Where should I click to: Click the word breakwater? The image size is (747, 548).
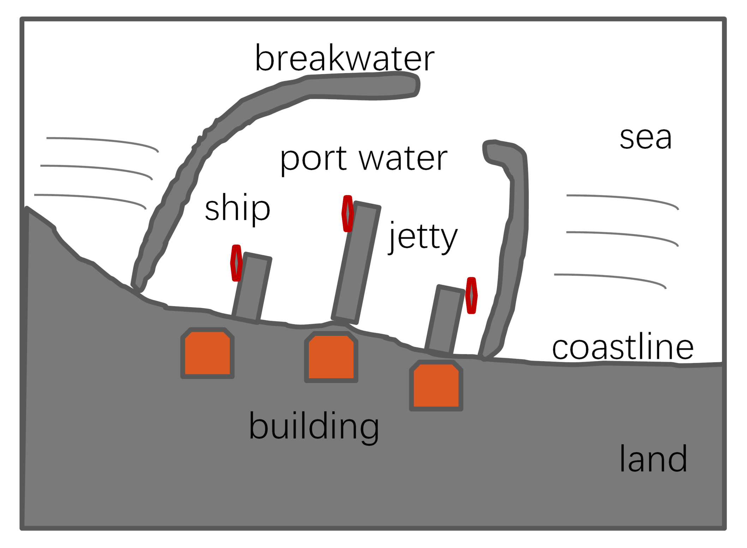(x=344, y=58)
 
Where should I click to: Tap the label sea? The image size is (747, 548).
(x=645, y=138)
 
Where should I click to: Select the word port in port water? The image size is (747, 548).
(x=313, y=160)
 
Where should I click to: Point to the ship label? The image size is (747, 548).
(x=237, y=208)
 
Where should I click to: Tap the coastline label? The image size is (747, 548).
(x=623, y=347)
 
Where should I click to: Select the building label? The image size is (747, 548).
(x=313, y=426)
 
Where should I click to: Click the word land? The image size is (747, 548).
(x=653, y=459)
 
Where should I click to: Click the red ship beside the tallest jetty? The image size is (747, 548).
(x=348, y=214)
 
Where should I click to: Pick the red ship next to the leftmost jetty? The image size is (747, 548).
(x=236, y=263)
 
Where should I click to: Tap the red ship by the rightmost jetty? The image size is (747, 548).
(x=471, y=296)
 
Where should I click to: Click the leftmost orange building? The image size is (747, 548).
(x=207, y=353)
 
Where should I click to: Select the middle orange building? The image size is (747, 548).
(x=331, y=357)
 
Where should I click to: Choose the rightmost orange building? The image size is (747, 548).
(x=436, y=386)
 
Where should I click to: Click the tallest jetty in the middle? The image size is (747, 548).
(x=356, y=263)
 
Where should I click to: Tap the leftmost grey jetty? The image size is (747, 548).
(x=252, y=288)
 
